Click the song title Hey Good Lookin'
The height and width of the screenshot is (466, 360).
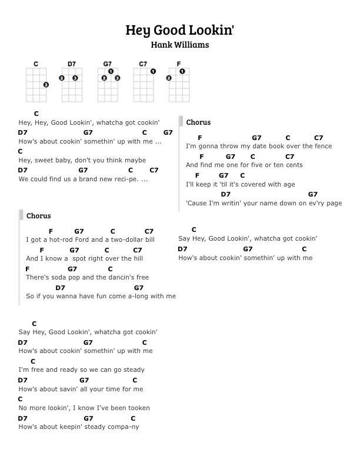180,30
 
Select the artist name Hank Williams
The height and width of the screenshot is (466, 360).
180,45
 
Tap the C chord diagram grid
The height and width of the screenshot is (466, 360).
36,85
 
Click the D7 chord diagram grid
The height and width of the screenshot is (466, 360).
72,85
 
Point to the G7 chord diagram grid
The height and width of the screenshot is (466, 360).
108,85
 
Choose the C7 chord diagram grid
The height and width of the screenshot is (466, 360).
144,85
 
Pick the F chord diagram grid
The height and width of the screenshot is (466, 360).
179,85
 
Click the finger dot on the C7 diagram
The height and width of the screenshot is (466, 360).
153,72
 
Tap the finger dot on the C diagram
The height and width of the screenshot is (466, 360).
46,85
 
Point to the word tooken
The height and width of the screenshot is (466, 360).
138,408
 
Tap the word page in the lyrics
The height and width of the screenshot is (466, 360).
334,204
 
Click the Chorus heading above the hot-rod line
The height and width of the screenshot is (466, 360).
38,216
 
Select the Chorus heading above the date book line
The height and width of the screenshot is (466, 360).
198,122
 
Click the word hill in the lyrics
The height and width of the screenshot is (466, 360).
137,259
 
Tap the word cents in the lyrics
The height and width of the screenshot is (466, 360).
294,165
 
